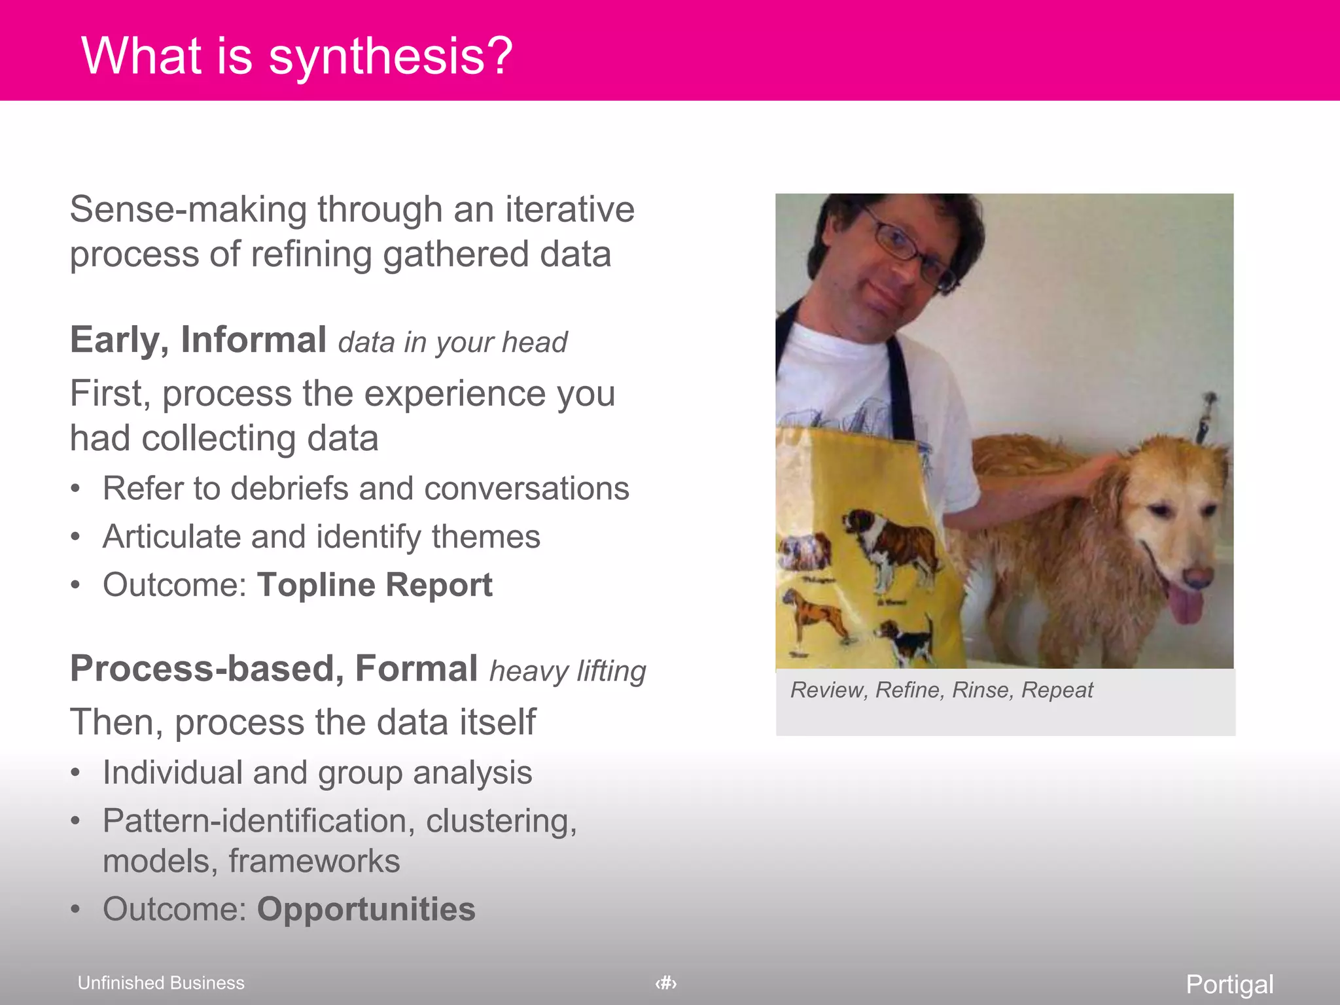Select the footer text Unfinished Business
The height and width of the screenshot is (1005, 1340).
pos(161,983)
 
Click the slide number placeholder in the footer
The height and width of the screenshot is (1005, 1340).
pos(665,983)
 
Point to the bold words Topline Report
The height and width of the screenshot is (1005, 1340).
pos(374,584)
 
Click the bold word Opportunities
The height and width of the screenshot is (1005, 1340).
pos(366,909)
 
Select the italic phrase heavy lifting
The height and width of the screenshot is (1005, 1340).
pos(567,671)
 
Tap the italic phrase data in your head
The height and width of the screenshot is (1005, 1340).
pos(452,342)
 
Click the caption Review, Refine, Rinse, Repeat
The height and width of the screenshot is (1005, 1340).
pos(941,690)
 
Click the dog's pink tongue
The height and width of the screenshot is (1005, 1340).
pos(1186,605)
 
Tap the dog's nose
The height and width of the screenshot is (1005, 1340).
pos(1197,576)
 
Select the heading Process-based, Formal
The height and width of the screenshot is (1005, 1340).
pos(273,669)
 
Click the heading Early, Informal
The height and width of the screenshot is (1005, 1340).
pos(198,340)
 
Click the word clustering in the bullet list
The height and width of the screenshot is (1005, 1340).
pos(501,820)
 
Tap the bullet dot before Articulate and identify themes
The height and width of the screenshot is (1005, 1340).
pos(76,537)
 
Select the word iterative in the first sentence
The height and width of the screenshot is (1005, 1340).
pos(569,209)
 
